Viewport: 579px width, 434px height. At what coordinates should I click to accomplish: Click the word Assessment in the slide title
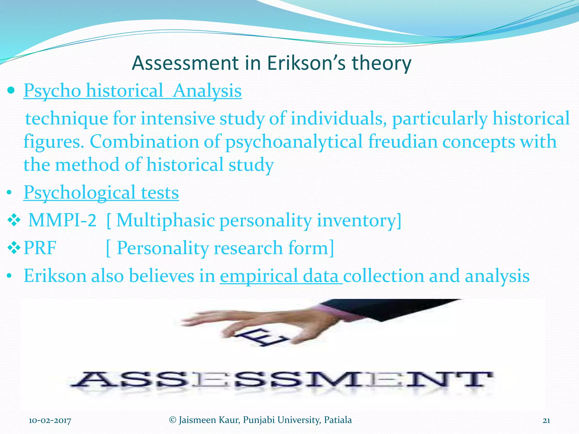tap(185, 63)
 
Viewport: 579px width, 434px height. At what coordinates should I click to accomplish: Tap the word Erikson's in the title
tap(306, 63)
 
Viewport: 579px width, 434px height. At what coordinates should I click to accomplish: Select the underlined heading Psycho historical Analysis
tap(133, 91)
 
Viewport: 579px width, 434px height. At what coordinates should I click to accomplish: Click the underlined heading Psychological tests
tap(101, 193)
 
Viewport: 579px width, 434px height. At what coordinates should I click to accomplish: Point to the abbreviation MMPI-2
tap(62, 220)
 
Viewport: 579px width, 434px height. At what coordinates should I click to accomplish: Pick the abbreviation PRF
tap(40, 248)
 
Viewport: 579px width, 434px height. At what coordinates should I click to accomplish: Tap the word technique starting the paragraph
tap(67, 118)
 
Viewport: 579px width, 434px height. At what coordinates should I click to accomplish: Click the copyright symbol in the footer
tap(172, 420)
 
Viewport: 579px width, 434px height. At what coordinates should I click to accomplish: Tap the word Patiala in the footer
tap(338, 420)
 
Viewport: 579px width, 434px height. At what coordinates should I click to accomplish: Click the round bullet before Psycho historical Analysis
tap(11, 91)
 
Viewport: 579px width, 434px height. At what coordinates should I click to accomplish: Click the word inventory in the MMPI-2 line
tap(358, 220)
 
